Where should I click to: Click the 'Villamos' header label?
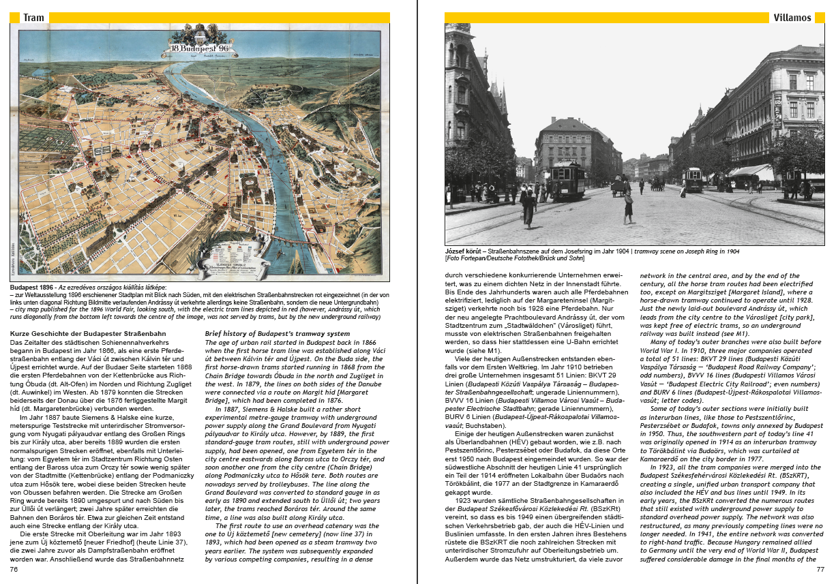pyautogui.click(x=792, y=18)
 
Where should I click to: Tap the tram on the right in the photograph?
pyautogui.click(x=693, y=179)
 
